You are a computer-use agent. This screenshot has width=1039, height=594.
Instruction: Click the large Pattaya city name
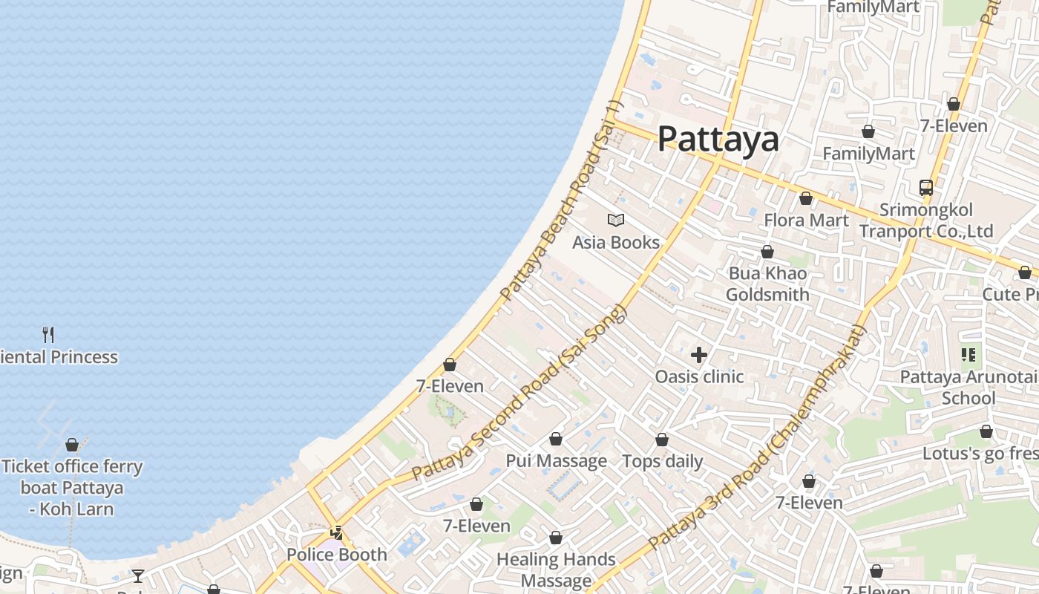point(718,139)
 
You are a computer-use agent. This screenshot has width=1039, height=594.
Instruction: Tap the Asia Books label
point(615,243)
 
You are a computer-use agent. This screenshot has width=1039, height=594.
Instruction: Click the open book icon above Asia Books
point(615,220)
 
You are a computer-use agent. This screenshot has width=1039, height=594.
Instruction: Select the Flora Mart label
point(806,221)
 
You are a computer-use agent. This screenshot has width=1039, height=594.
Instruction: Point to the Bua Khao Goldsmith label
point(767,284)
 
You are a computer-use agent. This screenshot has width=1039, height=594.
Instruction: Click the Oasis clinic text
point(698,376)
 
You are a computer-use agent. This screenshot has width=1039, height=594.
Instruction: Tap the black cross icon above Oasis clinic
point(698,355)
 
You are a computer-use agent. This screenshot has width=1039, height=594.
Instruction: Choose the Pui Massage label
point(556,461)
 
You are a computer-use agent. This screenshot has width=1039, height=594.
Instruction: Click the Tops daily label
point(662,461)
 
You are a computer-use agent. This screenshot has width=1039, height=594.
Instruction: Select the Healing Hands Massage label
point(556,569)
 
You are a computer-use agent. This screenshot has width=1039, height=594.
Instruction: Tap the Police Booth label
point(336,555)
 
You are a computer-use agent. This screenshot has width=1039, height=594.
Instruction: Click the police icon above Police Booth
point(337,532)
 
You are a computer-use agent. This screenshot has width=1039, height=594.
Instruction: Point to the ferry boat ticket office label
point(72,488)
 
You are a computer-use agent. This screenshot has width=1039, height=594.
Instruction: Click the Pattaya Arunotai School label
point(968,388)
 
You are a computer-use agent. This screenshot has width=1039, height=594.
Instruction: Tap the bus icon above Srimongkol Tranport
point(925,187)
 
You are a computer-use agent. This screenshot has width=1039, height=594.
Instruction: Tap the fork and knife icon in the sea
point(48,334)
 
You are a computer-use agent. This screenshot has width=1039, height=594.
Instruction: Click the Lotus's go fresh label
point(980,454)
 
